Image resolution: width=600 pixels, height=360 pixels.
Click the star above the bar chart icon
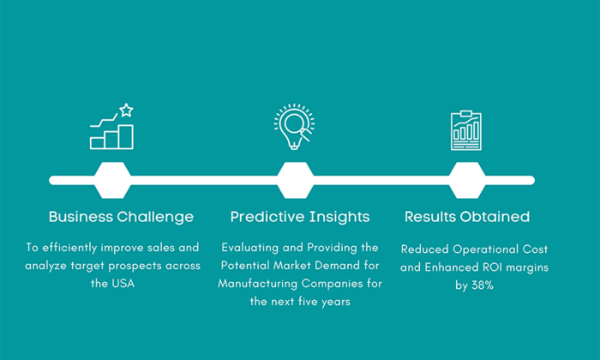126,111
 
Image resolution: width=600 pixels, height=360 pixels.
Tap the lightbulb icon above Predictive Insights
294,126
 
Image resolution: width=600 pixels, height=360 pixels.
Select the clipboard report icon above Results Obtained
466,130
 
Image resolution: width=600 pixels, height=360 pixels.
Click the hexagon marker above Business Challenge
112,180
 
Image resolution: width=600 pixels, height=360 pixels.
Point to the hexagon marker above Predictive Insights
295,180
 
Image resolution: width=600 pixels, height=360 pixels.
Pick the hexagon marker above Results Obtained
467,180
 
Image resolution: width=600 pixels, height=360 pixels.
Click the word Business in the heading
81,217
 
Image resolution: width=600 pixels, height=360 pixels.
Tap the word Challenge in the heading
155,218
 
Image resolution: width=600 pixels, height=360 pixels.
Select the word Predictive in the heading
267,217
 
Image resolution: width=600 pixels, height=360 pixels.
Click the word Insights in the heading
339,218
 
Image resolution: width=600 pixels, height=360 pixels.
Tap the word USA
123,284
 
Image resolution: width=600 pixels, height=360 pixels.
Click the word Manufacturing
257,284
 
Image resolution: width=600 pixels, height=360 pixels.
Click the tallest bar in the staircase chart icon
125,136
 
